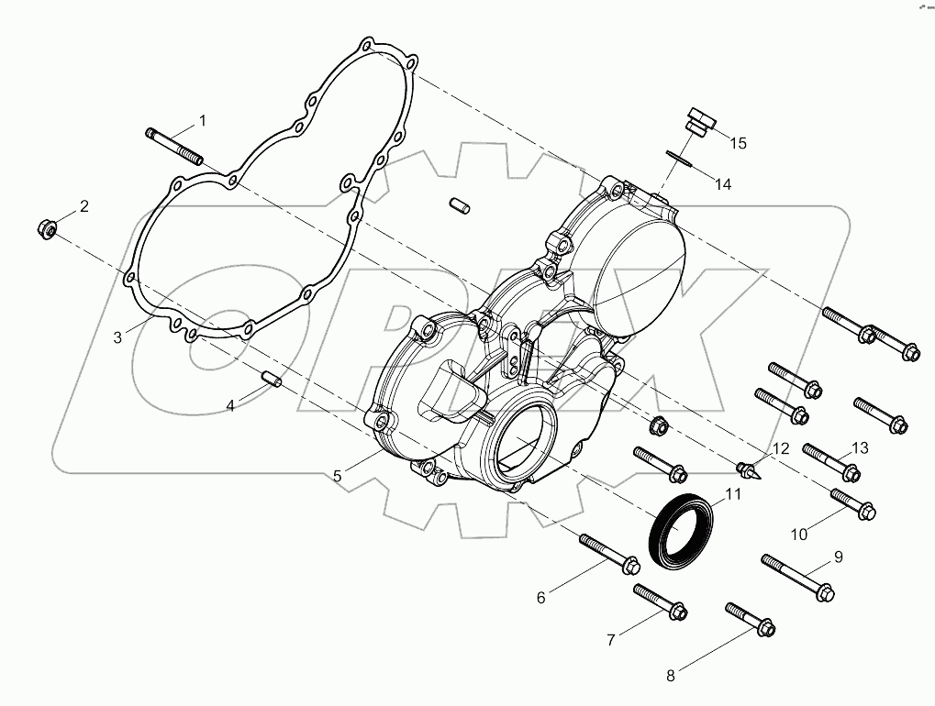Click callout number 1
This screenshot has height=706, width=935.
[x=203, y=120]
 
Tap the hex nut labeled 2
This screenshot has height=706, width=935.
[x=47, y=226]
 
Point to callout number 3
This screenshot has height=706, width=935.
[x=117, y=336]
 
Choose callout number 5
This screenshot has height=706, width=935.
[x=338, y=476]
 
